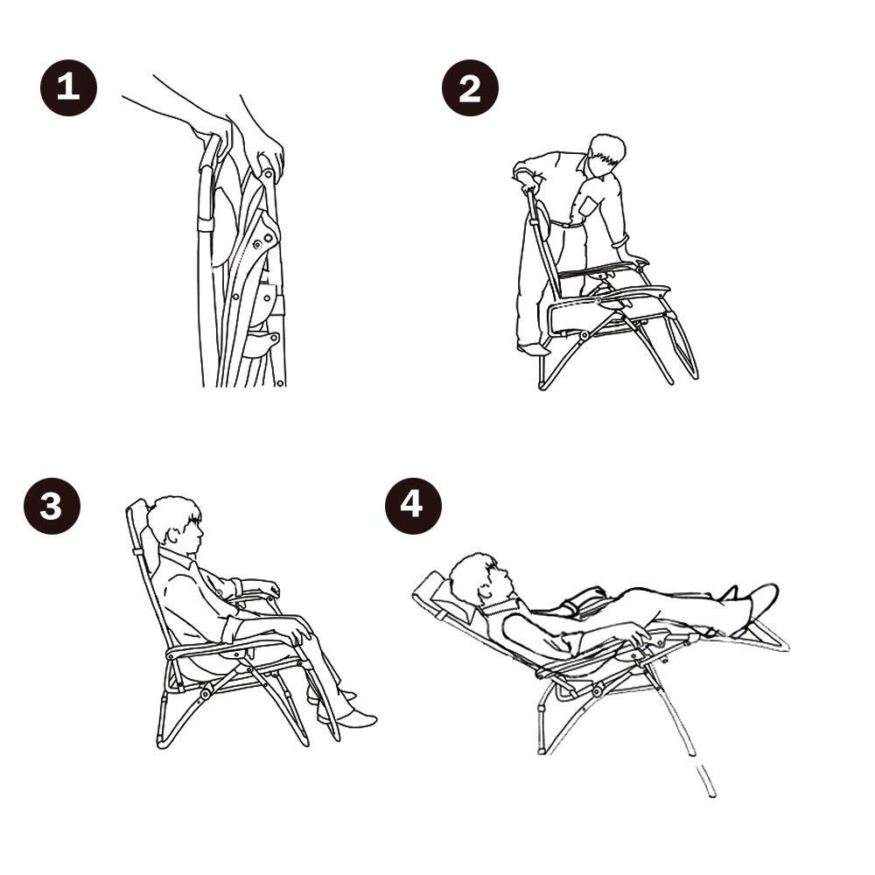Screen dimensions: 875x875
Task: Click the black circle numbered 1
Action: coord(68,87)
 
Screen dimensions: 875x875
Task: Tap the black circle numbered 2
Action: coord(470,87)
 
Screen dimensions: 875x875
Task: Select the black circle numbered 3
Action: coord(52,506)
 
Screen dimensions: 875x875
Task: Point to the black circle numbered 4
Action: coord(413,506)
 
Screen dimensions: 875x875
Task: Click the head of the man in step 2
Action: coord(607,156)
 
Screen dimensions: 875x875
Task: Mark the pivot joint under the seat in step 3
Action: coord(205,694)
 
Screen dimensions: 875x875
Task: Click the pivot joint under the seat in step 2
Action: coord(584,336)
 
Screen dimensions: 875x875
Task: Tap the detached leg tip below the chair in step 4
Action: coord(706,780)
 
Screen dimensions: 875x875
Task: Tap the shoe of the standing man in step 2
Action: coord(533,350)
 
